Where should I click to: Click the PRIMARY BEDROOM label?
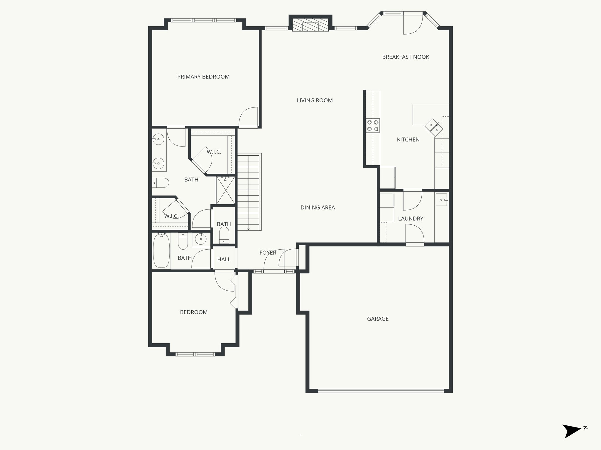click(x=203, y=77)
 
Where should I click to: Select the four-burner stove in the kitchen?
click(x=373, y=126)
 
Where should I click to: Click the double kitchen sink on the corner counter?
click(x=434, y=127)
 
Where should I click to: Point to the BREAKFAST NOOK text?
click(x=406, y=57)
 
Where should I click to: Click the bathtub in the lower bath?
click(x=161, y=250)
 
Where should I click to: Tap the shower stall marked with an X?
click(x=226, y=190)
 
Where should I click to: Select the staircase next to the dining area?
click(x=249, y=192)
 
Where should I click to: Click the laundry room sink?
click(x=441, y=200)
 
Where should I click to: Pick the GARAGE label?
click(x=378, y=319)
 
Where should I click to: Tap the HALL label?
click(x=224, y=259)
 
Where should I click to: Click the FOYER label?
click(x=268, y=253)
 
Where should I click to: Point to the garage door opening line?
click(x=381, y=391)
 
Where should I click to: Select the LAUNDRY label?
click(x=411, y=219)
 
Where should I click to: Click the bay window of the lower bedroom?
click(x=195, y=354)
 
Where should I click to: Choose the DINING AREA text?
click(x=318, y=207)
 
